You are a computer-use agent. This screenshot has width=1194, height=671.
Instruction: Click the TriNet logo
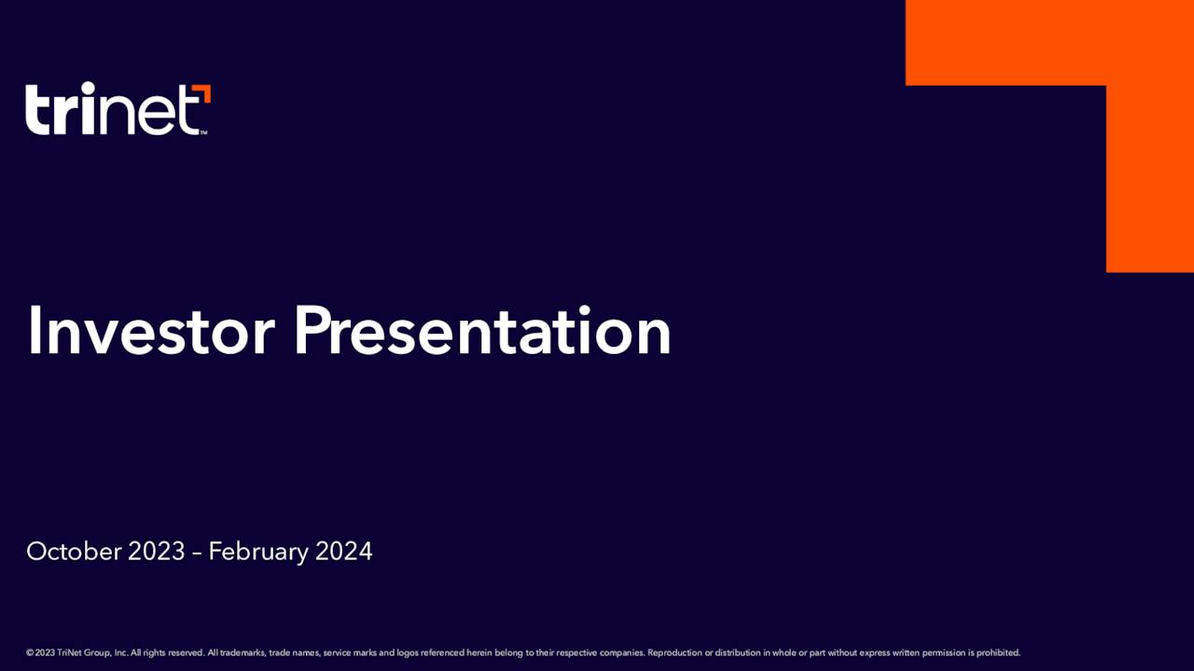(118, 109)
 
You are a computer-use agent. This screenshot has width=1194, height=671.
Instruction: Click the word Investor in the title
(151, 331)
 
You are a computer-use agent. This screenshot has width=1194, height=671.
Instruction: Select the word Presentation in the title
(483, 331)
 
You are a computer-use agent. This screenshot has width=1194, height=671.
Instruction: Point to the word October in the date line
(74, 551)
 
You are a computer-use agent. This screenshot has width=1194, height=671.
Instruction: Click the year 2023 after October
(156, 551)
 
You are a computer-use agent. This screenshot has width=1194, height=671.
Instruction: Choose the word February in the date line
(258, 553)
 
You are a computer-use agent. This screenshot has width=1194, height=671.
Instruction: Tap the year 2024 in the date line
(344, 551)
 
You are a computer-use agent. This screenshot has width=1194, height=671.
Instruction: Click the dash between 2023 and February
(197, 554)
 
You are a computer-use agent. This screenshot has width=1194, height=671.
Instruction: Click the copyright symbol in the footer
(30, 653)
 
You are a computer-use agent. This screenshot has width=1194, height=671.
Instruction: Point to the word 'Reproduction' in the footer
(674, 653)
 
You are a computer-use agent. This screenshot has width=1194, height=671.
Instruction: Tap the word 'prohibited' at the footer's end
(998, 653)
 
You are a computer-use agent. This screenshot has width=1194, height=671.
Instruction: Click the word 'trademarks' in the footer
(242, 653)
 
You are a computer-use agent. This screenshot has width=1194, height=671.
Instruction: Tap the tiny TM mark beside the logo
(203, 132)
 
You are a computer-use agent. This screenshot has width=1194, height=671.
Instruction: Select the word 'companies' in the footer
(622, 653)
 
